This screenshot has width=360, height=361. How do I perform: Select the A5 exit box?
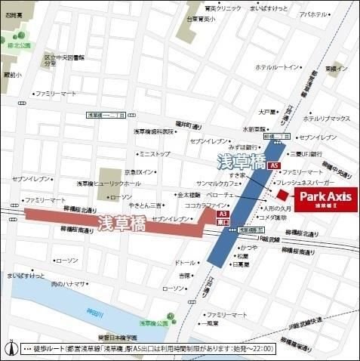click(x=274, y=165)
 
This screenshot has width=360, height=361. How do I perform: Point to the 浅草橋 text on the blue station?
click(x=234, y=161)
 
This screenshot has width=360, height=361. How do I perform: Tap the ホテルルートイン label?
click(x=278, y=67)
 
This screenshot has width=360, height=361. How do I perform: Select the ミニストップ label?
click(x=155, y=153)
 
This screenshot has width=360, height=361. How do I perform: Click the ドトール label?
click(x=185, y=262)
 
